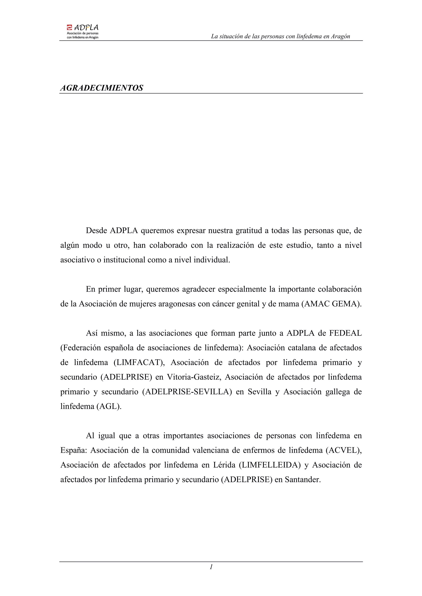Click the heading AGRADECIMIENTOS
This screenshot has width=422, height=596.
pyautogui.click(x=102, y=88)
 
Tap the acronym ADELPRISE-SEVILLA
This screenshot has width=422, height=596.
pyautogui.click(x=187, y=392)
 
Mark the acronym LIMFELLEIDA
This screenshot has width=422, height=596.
pyautogui.click(x=270, y=465)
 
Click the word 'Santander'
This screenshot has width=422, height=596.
pyautogui.click(x=302, y=480)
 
